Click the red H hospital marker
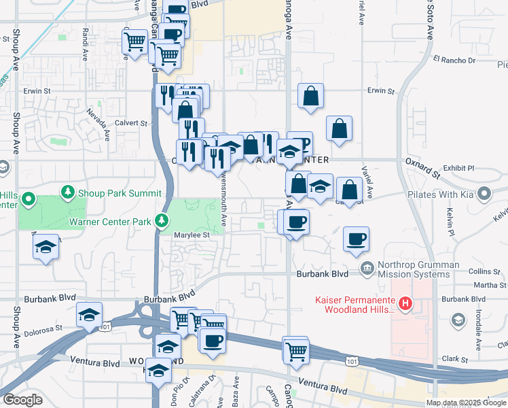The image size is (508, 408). pos(405,302)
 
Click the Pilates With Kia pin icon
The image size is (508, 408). pos(484,194)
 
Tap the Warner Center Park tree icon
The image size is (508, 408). pos(162,220)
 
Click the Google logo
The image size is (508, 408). pos(22,400)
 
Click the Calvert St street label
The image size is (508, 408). pos(134,123)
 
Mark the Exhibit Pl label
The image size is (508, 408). pos(459,167)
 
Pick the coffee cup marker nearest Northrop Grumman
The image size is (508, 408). pos(356,239)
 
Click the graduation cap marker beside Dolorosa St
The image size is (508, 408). pos(89,315)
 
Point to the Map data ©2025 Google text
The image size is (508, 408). pos(465,403)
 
